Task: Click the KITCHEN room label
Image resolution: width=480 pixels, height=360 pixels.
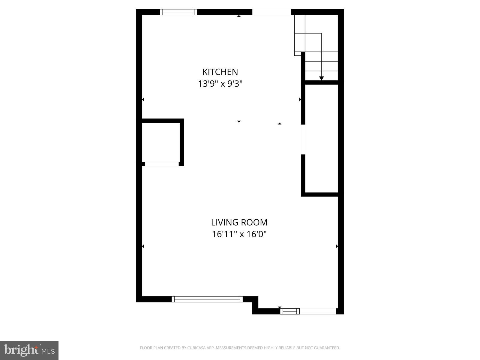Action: click(220, 72)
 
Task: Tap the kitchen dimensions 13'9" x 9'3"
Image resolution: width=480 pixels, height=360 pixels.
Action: click(220, 84)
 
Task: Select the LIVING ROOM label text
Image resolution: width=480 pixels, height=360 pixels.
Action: click(239, 223)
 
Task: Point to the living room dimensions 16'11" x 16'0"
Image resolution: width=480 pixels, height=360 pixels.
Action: click(239, 234)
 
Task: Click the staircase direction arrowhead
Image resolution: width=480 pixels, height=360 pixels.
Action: click(321, 78)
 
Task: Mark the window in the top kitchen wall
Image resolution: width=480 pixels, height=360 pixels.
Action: click(178, 12)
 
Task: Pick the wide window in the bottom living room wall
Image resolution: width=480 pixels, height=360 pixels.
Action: click(207, 299)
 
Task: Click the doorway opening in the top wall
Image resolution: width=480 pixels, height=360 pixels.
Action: click(271, 12)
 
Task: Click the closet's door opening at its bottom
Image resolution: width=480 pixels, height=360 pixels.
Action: click(162, 164)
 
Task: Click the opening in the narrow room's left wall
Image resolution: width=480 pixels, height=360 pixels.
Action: click(303, 139)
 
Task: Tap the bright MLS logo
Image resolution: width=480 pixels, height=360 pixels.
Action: click(29, 350)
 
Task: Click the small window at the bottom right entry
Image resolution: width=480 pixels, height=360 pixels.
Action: click(290, 311)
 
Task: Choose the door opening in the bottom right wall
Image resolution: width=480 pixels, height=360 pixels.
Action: click(318, 311)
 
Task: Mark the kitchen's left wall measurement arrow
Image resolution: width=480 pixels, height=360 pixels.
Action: click(143, 99)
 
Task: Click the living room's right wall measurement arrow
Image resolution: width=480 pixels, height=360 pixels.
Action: click(337, 246)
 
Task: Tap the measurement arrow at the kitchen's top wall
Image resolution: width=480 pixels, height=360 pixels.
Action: click(239, 16)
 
